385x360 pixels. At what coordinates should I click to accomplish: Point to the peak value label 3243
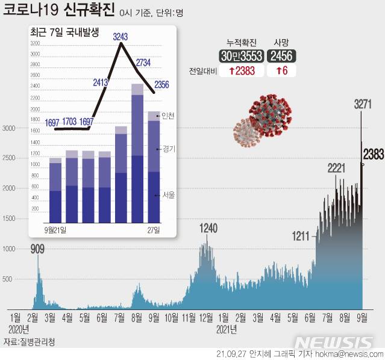(x=121, y=37)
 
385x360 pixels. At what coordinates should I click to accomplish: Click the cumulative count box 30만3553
(x=240, y=56)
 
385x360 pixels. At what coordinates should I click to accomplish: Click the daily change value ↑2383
(x=240, y=70)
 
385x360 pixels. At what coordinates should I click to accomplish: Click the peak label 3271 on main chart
(x=362, y=105)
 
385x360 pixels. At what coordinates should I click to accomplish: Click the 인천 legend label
(x=168, y=116)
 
